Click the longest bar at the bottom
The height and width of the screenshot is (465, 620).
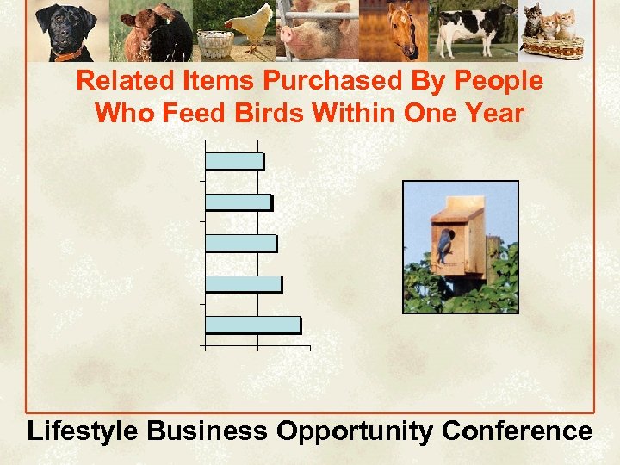[x=253, y=325]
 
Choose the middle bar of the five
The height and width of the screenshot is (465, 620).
[x=241, y=243]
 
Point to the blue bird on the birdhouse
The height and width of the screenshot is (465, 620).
[x=444, y=246]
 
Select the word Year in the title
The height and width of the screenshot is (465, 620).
[x=491, y=113]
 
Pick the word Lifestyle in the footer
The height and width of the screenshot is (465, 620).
[x=82, y=431]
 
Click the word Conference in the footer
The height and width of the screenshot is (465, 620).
[x=517, y=430]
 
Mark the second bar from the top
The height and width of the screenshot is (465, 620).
[x=239, y=201]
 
